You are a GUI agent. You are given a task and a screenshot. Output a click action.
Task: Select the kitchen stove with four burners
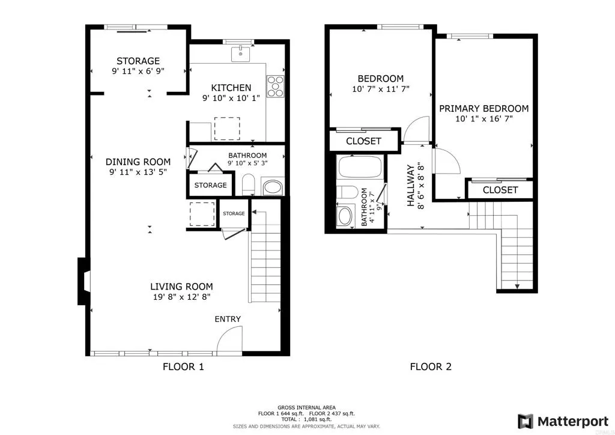(x=276, y=85)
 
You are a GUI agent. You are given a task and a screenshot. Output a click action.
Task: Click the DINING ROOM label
(x=138, y=162)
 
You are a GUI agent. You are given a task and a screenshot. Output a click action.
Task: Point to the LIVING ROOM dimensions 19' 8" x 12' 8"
(x=181, y=297)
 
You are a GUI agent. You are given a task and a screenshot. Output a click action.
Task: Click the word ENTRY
(x=228, y=319)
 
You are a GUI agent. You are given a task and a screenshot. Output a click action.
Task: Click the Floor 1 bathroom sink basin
(x=273, y=186)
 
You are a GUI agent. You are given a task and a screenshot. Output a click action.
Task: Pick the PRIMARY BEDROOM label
(x=483, y=109)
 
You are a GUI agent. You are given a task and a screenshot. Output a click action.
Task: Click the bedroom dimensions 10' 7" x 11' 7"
(x=380, y=90)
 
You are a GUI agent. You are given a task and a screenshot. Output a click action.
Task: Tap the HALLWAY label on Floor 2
(x=411, y=186)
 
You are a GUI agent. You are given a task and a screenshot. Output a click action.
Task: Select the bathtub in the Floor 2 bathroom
(x=360, y=166)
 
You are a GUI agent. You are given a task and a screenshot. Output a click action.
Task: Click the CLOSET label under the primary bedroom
(x=500, y=190)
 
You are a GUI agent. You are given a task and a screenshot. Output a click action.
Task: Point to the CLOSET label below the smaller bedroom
(x=363, y=141)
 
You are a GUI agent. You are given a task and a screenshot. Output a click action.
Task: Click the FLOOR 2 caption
(x=430, y=367)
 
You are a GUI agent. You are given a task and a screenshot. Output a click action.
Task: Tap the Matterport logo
(x=564, y=420)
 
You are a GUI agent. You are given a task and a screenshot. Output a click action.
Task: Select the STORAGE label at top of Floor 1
(x=138, y=61)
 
